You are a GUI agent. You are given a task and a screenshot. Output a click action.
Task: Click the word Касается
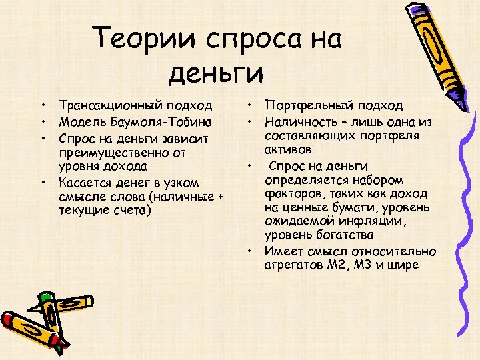(x=83, y=181)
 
